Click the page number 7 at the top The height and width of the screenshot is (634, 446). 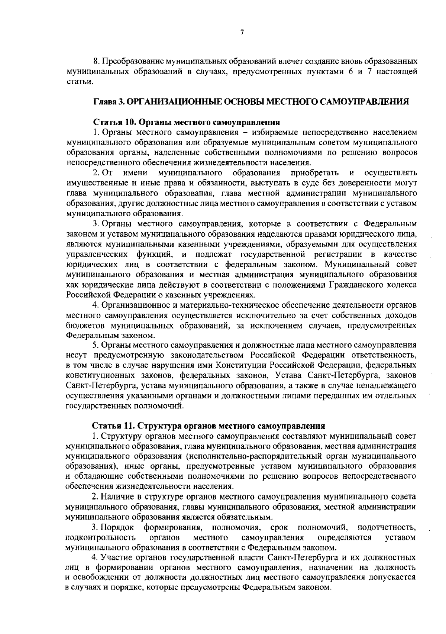tap(242, 33)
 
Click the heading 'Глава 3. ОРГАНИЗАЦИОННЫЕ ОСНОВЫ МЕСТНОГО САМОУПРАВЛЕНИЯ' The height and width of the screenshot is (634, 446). tap(251, 101)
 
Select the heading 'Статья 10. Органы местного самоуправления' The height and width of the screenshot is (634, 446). tap(185, 122)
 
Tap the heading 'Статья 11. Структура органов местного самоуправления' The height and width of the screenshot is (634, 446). tap(209, 426)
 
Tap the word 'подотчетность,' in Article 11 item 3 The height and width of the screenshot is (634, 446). tap(386, 527)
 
